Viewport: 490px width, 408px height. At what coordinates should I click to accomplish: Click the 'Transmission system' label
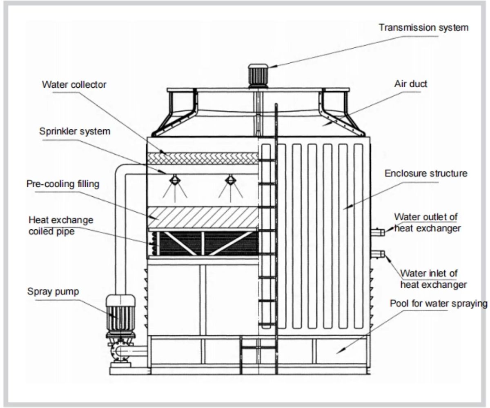(x=423, y=28)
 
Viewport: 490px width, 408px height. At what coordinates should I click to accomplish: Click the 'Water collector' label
(x=74, y=85)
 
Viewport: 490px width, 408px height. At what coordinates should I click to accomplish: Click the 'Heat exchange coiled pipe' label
(x=61, y=226)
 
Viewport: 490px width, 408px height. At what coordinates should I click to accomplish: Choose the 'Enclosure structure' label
(x=426, y=173)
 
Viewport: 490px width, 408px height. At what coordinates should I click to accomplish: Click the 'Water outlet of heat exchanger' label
(x=427, y=222)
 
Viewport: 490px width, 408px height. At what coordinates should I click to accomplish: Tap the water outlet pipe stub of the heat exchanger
(x=377, y=232)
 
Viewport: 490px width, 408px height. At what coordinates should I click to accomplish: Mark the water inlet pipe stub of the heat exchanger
(x=377, y=254)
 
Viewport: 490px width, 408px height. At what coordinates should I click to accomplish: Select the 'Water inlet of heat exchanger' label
(x=434, y=279)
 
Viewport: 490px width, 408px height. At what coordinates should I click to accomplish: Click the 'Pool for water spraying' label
(x=439, y=304)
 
